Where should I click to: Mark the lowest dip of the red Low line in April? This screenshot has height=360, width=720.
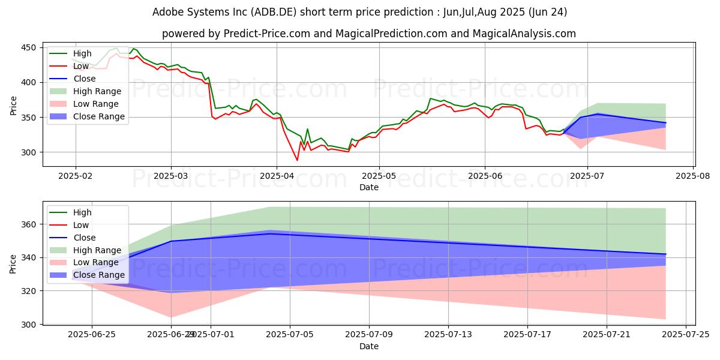(297, 160)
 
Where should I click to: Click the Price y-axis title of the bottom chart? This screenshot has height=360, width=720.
(13, 263)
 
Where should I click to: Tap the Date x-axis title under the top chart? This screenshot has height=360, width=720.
(368, 187)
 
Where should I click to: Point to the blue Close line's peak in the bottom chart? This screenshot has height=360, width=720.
(270, 233)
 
